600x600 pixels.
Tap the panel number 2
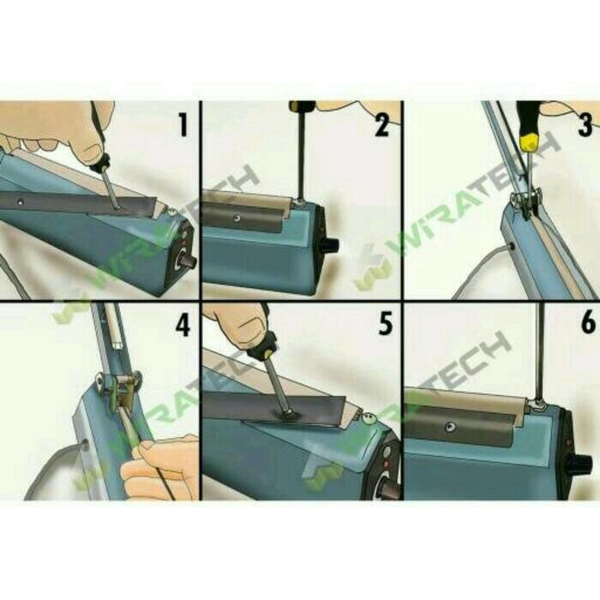[382, 125]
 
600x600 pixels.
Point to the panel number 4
[183, 325]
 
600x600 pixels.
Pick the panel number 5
[386, 324]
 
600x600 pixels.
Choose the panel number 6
[588, 321]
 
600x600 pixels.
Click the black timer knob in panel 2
[331, 245]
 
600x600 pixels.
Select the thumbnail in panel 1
[93, 152]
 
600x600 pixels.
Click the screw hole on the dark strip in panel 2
[237, 219]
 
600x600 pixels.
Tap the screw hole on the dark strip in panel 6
[448, 426]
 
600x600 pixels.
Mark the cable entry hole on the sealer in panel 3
[512, 247]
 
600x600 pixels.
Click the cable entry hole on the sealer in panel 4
[84, 444]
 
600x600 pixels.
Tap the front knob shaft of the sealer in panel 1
[189, 261]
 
